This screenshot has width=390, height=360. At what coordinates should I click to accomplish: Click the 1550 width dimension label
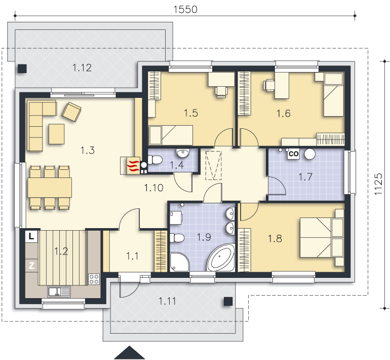point(185,9)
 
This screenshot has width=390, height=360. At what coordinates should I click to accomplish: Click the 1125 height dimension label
point(378,184)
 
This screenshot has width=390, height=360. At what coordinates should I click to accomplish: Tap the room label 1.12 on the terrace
point(82,68)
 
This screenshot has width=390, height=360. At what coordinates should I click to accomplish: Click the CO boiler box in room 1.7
point(293,154)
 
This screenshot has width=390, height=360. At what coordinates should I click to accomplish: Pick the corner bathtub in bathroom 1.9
point(221,258)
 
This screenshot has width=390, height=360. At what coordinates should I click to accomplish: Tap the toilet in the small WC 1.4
point(154,160)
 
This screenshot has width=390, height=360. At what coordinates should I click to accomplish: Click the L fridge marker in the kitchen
point(31,236)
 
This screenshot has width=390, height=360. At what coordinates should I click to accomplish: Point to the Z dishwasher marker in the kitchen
point(31,265)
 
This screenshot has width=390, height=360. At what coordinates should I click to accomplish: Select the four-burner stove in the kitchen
point(94,279)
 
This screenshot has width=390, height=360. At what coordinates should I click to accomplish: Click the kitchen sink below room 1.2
point(59,292)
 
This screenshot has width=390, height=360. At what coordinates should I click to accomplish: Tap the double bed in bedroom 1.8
point(322,237)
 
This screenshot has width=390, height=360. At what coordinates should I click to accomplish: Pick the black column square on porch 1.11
point(228,301)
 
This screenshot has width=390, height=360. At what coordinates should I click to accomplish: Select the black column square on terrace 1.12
point(22,69)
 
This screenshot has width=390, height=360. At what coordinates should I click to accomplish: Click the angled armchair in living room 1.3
point(71,112)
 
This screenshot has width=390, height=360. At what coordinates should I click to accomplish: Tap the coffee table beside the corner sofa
point(56,134)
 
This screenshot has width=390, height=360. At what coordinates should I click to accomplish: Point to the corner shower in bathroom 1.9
point(180,262)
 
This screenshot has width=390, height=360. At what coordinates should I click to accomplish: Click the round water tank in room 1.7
point(310,154)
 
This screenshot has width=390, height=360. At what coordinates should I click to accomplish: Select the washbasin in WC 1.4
point(183,153)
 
